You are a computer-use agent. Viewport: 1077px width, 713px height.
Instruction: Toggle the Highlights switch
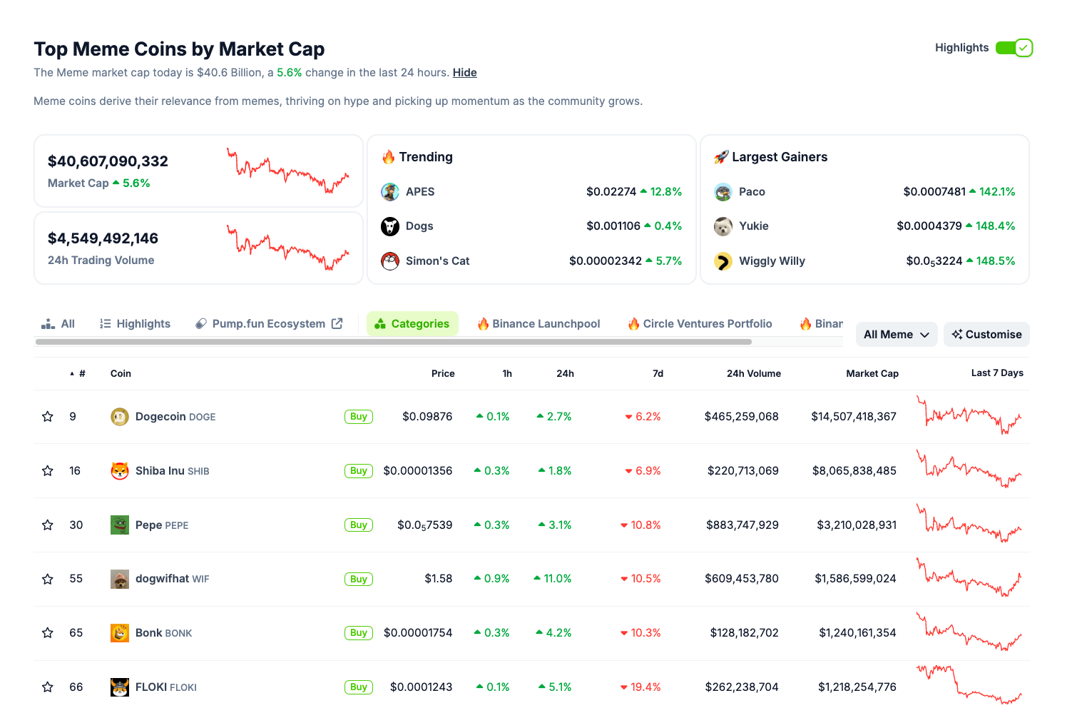tap(1014, 48)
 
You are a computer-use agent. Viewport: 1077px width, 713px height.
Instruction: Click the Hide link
tap(464, 73)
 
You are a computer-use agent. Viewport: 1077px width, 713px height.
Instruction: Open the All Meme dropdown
tap(896, 335)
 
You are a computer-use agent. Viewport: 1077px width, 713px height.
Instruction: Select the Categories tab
tap(412, 324)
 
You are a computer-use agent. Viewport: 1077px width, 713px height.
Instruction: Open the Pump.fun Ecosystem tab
tap(268, 324)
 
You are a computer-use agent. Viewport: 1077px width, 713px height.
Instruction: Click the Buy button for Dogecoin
tap(358, 417)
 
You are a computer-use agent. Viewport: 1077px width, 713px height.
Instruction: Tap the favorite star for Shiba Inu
tap(48, 471)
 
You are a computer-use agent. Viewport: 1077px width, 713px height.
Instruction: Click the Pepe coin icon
tap(120, 525)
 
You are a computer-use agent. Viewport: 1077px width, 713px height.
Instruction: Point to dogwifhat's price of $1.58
tap(438, 579)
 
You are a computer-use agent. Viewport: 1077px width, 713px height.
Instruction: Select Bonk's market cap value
tap(857, 633)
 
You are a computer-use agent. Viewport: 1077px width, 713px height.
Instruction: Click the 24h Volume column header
tap(753, 374)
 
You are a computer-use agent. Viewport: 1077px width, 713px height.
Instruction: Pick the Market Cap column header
tap(872, 374)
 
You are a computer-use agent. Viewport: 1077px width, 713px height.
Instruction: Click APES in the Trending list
tap(419, 192)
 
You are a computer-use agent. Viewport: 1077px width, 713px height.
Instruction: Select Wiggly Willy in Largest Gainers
tap(772, 261)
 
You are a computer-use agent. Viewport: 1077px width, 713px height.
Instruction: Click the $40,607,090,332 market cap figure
tap(108, 161)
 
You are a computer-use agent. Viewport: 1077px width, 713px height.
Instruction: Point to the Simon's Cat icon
tap(390, 261)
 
